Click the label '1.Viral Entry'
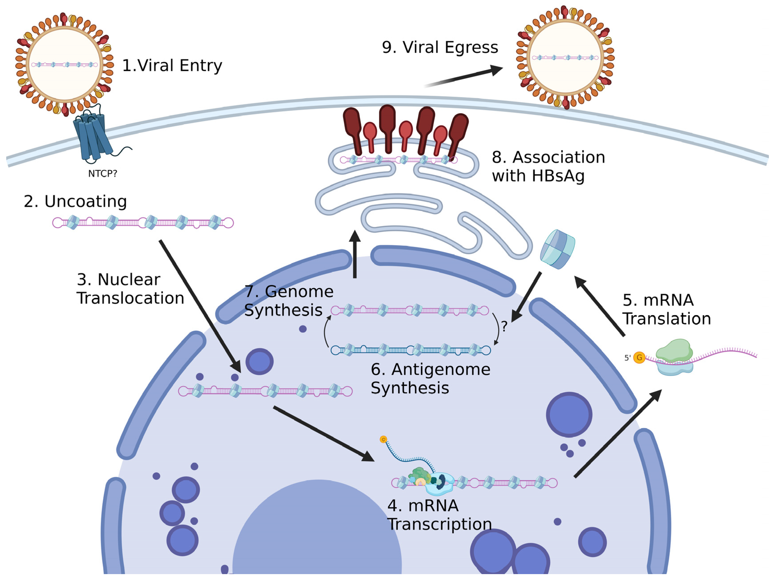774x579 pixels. pos(172,66)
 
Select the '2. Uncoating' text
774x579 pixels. pos(75,201)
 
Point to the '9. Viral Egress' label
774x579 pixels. pos(440,47)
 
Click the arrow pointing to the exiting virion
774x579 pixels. pos(465,75)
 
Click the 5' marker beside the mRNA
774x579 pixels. pos(627,358)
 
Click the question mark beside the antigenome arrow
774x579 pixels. pos(504,326)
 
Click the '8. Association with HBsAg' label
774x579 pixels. pos(548,166)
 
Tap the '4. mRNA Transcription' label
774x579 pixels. pos(439,515)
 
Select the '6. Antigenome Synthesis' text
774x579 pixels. pos(430,379)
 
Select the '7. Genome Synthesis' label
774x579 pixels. pos(289,301)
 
